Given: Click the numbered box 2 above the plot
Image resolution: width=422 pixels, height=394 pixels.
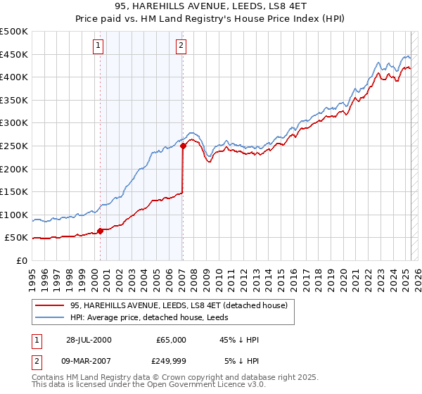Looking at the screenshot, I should click(x=181, y=46).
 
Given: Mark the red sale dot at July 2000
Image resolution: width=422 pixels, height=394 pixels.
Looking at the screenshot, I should click(x=101, y=230).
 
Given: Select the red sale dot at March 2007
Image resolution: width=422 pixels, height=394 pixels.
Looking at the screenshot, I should click(x=183, y=146).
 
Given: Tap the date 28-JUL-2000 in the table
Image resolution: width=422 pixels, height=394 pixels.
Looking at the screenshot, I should click(x=88, y=340).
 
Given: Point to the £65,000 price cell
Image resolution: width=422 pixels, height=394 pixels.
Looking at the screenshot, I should click(x=171, y=340).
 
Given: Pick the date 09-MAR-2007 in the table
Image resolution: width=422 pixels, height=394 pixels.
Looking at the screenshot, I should click(x=89, y=362).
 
